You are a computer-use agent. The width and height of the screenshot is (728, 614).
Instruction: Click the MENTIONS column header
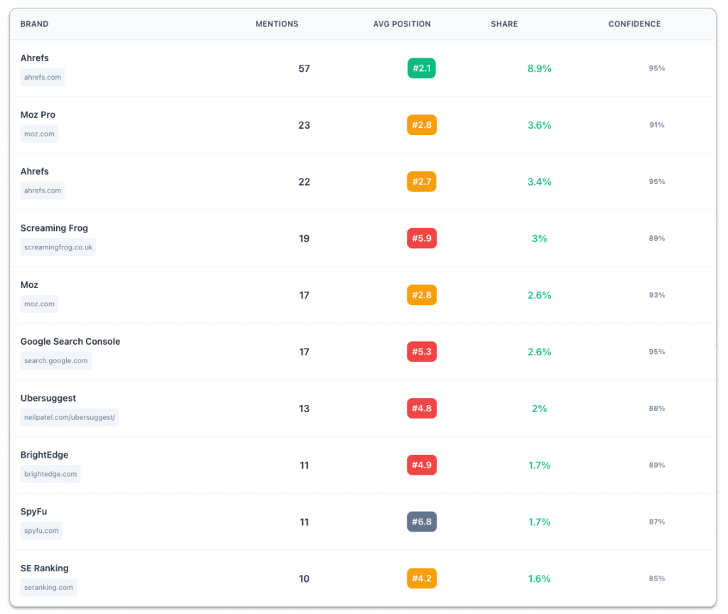click(x=277, y=24)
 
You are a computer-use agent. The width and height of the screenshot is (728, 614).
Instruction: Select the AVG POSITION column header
click(x=402, y=24)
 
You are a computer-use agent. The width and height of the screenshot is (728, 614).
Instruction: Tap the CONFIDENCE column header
click(x=634, y=24)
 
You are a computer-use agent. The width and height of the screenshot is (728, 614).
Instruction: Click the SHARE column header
click(x=504, y=24)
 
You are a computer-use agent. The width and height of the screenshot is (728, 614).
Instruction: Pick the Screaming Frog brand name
click(x=54, y=228)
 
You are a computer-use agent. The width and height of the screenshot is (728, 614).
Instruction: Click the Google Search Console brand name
click(x=70, y=342)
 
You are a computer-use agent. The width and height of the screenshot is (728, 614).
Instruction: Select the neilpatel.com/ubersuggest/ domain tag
click(x=70, y=417)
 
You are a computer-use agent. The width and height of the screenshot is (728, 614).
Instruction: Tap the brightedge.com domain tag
click(x=50, y=474)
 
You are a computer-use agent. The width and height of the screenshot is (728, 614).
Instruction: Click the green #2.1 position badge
click(x=422, y=68)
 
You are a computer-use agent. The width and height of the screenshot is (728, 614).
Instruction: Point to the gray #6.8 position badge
click(x=422, y=522)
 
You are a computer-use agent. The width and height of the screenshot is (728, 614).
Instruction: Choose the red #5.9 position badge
click(x=422, y=238)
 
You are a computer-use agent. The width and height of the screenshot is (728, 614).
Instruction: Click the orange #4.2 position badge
click(x=422, y=578)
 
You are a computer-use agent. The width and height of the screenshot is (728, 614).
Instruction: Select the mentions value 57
click(x=304, y=69)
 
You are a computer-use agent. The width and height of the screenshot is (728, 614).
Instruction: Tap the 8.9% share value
click(x=540, y=69)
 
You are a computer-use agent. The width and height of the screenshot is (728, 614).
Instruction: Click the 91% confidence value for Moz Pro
click(x=656, y=125)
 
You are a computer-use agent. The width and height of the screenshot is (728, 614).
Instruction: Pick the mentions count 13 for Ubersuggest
click(x=304, y=409)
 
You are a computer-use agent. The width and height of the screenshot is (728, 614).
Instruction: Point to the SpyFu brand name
click(x=33, y=512)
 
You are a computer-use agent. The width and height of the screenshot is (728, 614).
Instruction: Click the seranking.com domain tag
click(x=48, y=588)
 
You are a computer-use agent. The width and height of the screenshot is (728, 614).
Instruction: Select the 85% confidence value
click(x=656, y=578)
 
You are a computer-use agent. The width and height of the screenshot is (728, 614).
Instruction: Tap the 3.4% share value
click(x=540, y=182)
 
